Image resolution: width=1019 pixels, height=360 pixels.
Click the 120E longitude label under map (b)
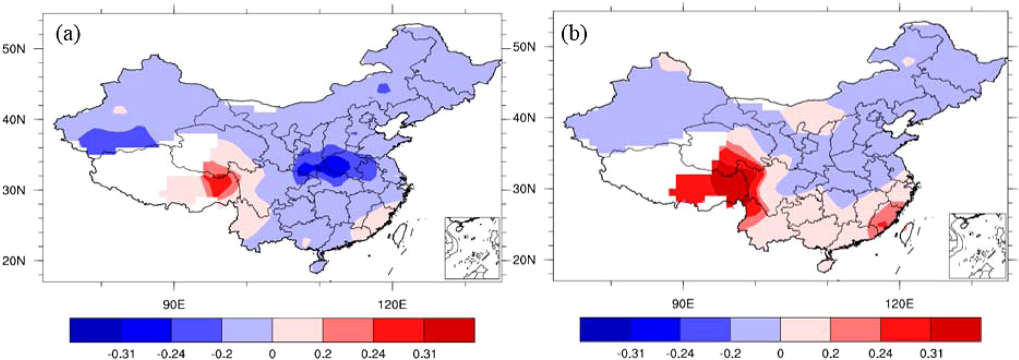(900, 304)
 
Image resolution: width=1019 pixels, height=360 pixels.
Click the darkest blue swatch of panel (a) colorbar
(95, 330)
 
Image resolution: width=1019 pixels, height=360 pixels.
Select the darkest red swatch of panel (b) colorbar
(956, 329)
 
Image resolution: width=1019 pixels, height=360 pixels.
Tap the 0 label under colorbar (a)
(272, 353)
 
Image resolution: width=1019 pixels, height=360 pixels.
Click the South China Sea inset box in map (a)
(472, 248)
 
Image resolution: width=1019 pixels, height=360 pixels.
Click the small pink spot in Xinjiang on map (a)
(120, 110)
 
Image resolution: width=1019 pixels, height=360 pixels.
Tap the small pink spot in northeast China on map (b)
(908, 61)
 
